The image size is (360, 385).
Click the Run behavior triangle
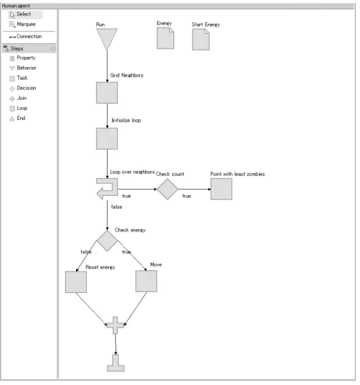(107, 38)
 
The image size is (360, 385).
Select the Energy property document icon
(165, 38)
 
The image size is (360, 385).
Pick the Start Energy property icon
(201, 40)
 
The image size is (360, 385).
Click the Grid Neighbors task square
(107, 93)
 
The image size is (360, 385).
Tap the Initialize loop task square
(107, 139)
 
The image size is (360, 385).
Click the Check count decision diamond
(167, 189)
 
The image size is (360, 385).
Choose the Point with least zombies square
(221, 189)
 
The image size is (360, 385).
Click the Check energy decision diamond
(107, 241)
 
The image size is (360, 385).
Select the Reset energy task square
(76, 282)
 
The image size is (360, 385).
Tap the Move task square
(147, 281)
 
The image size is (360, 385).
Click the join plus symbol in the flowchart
(115, 325)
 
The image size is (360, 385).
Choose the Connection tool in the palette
(26, 36)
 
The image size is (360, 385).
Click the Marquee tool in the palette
(22, 24)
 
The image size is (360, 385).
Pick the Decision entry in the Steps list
(22, 88)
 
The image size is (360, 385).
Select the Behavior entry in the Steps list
(22, 68)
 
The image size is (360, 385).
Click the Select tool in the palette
(21, 14)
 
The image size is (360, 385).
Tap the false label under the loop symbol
(116, 207)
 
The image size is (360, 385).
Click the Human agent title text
(16, 5)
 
